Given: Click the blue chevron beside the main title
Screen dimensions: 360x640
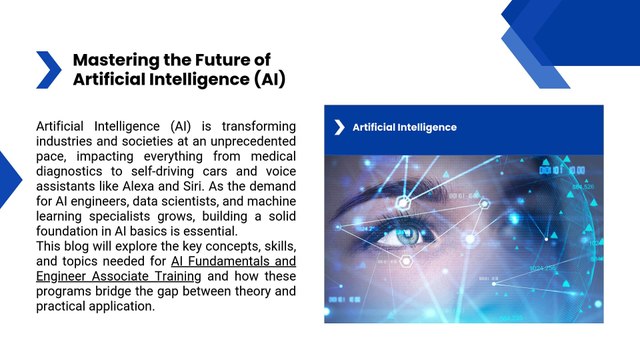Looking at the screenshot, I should (48, 69).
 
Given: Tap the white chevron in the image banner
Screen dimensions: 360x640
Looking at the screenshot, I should (340, 127).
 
